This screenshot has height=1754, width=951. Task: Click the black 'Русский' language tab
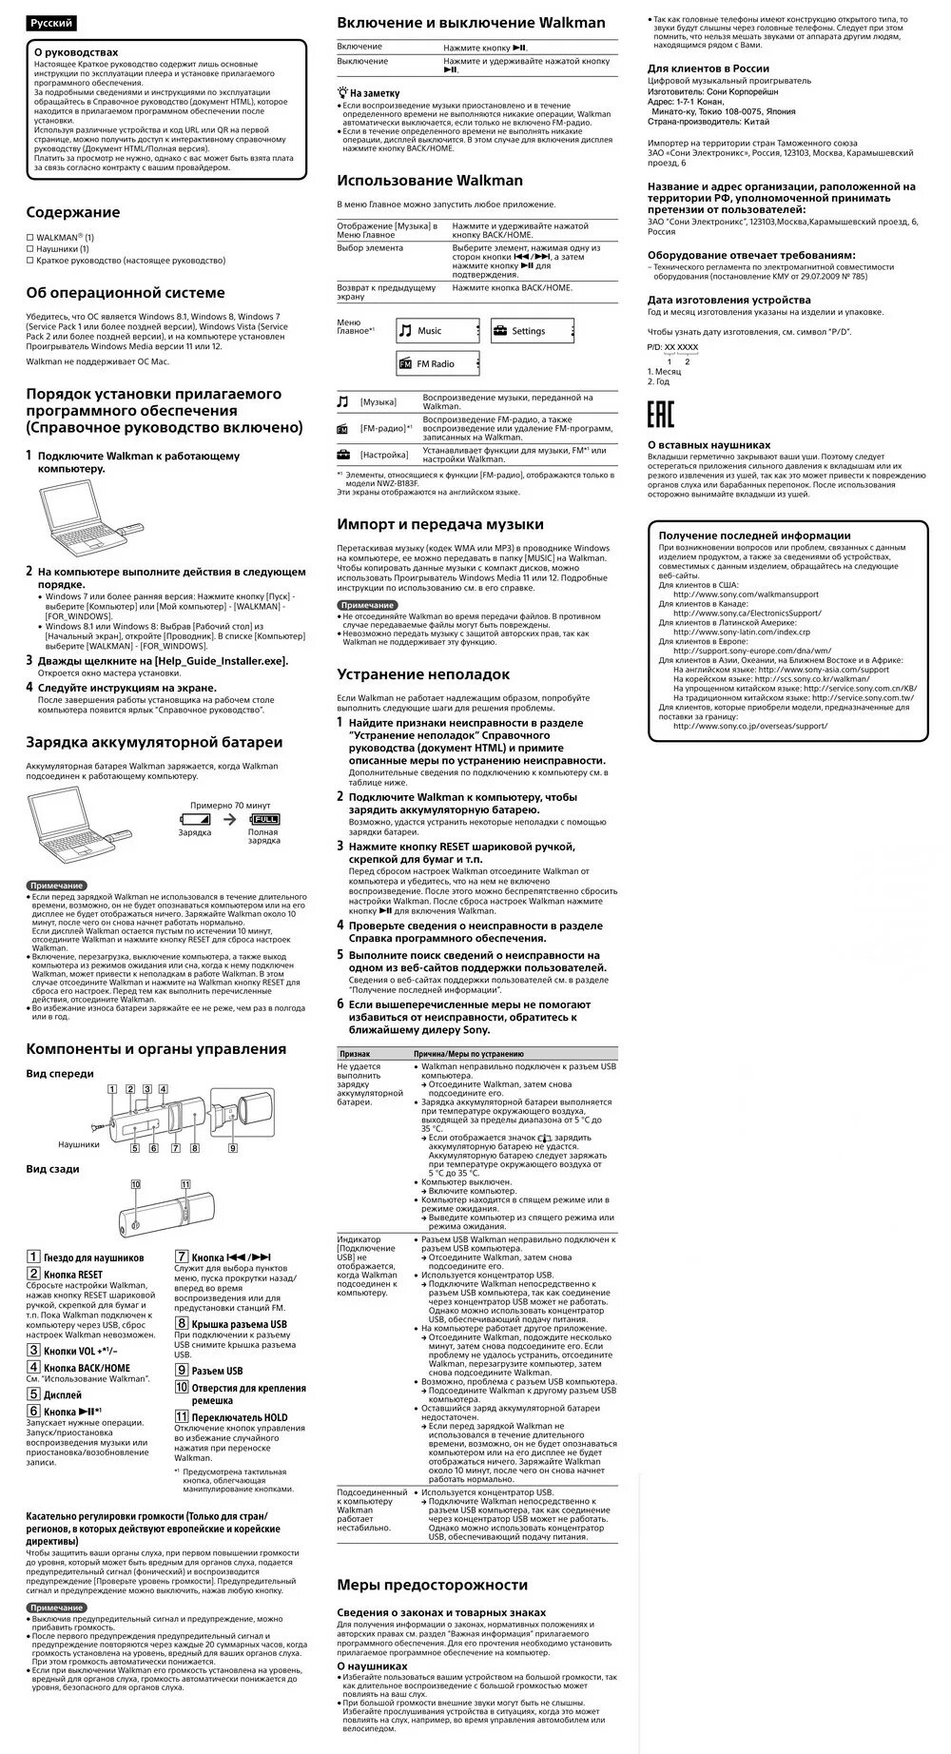50,23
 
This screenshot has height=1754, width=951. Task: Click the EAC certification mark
661,416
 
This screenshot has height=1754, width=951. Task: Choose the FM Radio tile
437,363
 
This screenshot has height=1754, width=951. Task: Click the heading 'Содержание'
73,212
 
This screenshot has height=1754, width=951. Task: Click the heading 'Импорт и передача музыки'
440,524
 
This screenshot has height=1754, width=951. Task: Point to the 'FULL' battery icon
265,818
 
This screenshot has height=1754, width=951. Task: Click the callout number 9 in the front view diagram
231,1148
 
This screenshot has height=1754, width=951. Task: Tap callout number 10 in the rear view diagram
136,1183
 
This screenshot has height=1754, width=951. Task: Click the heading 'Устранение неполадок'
423,674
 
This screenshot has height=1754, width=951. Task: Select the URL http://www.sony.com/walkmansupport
745,594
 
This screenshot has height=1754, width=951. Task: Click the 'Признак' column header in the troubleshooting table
355,1054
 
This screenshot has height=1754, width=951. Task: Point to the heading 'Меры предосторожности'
432,1585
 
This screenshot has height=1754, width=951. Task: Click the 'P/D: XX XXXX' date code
672,347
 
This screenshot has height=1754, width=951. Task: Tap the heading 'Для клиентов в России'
708,68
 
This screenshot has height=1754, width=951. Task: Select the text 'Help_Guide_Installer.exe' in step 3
217,660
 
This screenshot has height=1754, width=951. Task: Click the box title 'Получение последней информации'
754,536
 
